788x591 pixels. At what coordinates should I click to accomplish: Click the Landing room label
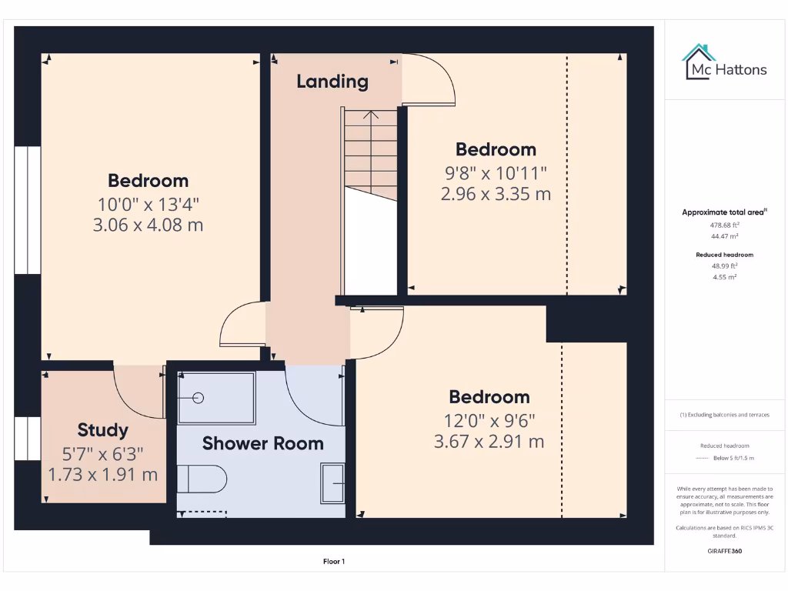[332, 82]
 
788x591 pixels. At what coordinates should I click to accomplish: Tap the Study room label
[102, 430]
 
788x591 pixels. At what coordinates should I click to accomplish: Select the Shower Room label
[262, 443]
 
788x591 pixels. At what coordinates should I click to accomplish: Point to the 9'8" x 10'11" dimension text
[496, 172]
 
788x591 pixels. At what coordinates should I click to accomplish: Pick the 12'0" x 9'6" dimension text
[489, 420]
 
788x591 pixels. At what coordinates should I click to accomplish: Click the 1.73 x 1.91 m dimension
[103, 475]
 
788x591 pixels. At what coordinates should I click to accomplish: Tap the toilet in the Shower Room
[202, 479]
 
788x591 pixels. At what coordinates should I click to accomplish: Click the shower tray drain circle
[198, 398]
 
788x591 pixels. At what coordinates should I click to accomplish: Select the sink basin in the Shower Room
[332, 482]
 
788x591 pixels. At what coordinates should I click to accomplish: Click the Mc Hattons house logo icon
[699, 62]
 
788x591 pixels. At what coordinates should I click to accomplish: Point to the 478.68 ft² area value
[724, 225]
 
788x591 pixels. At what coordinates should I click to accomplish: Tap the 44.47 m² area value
[724, 236]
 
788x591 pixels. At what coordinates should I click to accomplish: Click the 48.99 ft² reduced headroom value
[724, 265]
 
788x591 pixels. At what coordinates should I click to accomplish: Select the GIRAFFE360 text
[724, 551]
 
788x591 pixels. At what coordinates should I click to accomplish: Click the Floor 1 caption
[333, 562]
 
